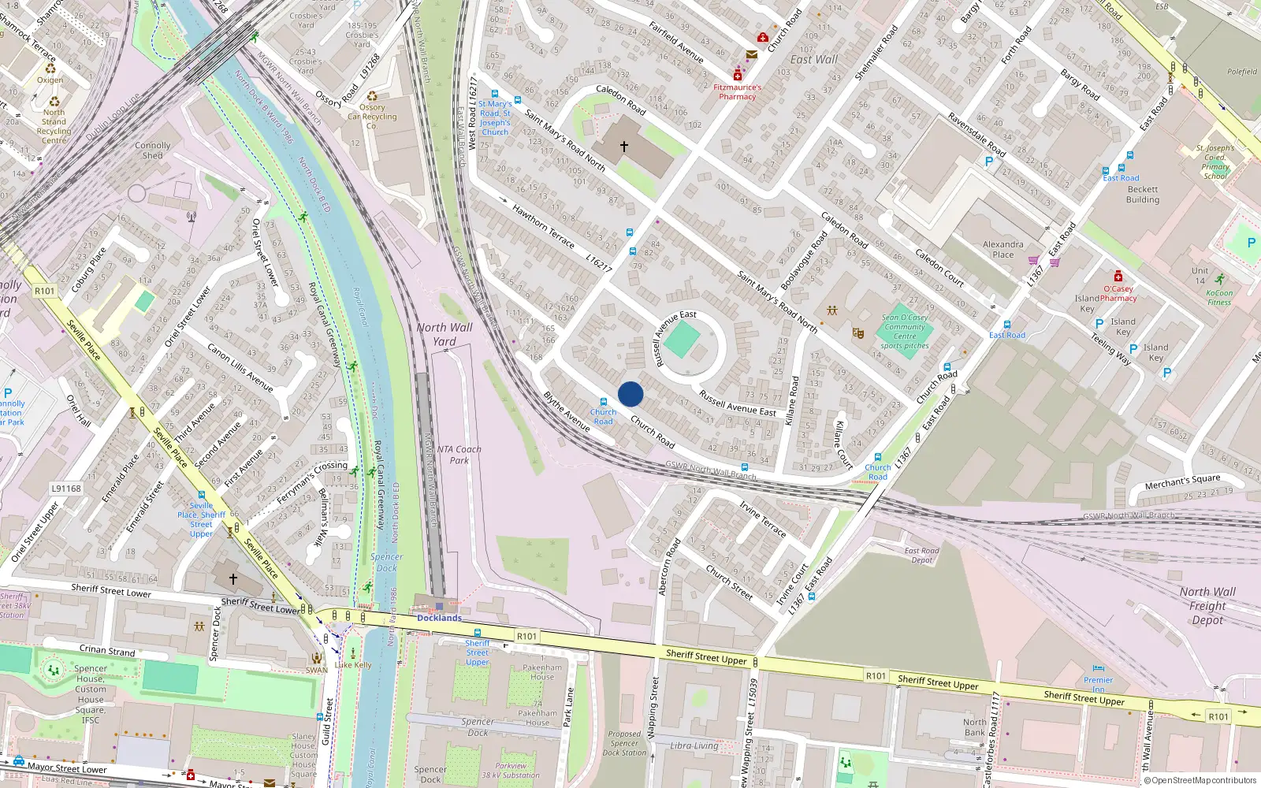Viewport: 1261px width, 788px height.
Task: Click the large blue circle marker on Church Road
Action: tap(630, 394)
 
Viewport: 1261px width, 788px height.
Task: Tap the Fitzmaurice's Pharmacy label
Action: tap(737, 92)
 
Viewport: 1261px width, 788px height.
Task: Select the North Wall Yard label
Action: tap(445, 334)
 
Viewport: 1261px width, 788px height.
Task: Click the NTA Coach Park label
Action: tap(459, 455)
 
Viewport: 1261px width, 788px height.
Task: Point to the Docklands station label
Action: tap(439, 618)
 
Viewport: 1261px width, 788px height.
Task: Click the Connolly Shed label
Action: tap(153, 151)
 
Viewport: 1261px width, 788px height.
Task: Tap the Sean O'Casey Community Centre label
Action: tap(905, 332)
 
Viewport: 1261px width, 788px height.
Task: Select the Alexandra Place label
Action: tap(1002, 249)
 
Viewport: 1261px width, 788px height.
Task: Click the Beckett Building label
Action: tap(1143, 195)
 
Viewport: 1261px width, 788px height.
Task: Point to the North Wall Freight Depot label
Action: tap(1207, 605)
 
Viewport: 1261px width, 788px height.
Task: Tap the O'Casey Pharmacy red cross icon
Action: tap(1118, 277)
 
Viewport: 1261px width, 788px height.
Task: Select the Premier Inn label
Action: tap(1098, 684)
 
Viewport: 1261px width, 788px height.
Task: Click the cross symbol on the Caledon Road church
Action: tap(624, 147)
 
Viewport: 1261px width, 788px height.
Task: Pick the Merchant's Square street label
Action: tap(1182, 481)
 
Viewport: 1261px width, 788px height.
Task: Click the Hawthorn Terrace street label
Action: tap(543, 226)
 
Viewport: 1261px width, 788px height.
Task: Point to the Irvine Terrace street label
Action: tap(762, 519)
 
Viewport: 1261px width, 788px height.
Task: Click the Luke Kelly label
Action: tap(353, 664)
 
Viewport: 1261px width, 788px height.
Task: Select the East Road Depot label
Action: tap(921, 556)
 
